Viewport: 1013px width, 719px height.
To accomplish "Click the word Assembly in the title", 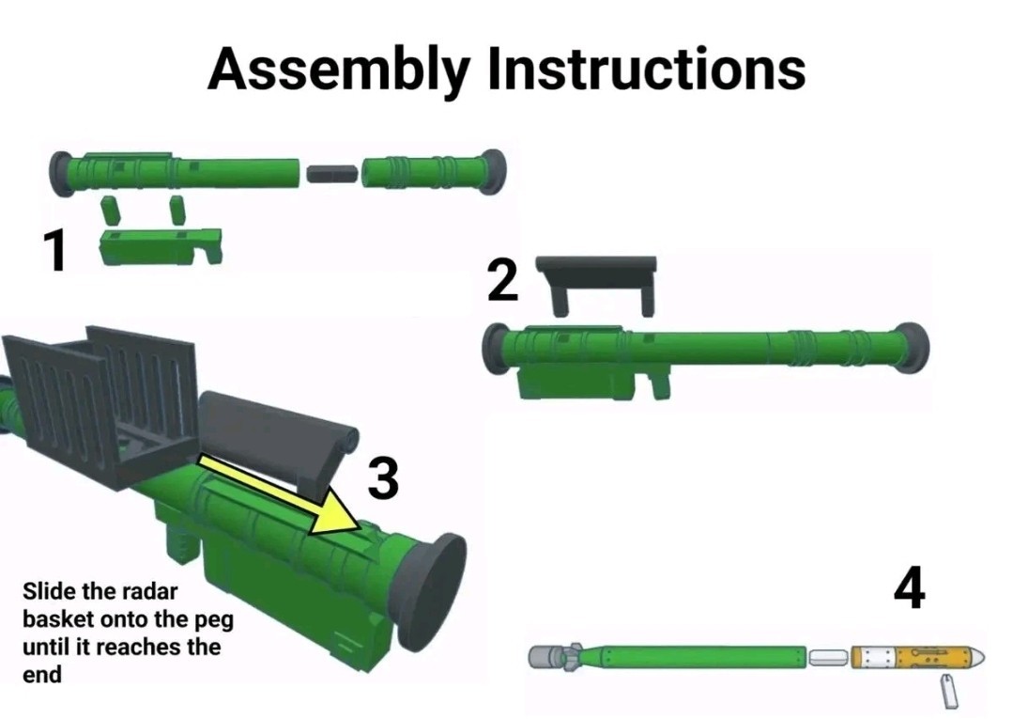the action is [338, 70].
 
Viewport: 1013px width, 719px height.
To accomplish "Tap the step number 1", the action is [55, 251].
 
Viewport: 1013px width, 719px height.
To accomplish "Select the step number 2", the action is [502, 280].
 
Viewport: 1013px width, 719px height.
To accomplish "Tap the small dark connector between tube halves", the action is [331, 173].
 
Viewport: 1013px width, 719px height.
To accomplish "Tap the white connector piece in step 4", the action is [828, 658].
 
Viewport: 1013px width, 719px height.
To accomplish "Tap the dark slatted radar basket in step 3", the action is [100, 398].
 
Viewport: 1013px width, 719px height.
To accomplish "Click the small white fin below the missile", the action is [948, 691].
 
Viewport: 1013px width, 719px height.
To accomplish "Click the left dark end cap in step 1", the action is [61, 175].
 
